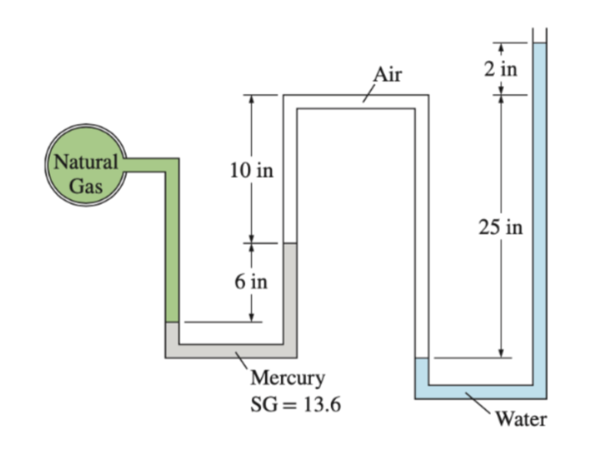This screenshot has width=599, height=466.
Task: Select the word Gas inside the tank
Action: click(85, 185)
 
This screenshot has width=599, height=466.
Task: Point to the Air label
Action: click(387, 75)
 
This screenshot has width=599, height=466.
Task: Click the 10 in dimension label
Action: click(250, 172)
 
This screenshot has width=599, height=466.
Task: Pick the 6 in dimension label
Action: click(250, 281)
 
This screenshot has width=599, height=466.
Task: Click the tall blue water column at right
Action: click(539, 208)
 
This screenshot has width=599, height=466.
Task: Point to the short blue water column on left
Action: click(421, 370)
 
